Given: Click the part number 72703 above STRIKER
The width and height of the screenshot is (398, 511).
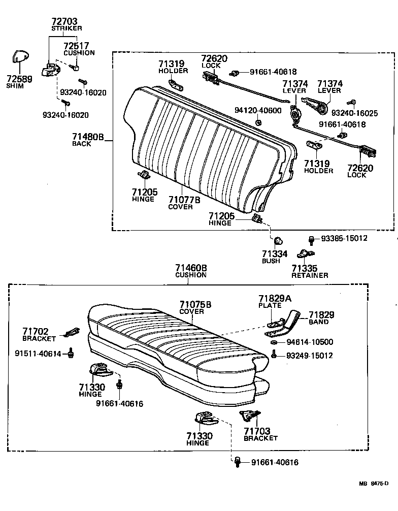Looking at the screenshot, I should (64, 21).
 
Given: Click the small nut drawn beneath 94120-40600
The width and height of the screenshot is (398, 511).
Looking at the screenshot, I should (258, 122).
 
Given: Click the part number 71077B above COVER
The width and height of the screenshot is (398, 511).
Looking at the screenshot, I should (184, 200).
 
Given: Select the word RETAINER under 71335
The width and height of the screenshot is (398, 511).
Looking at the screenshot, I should (310, 275).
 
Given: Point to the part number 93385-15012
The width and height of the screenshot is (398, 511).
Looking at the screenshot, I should (344, 238).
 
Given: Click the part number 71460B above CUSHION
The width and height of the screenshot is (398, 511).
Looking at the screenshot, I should (191, 268).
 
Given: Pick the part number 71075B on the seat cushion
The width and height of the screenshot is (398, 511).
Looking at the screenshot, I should (195, 304).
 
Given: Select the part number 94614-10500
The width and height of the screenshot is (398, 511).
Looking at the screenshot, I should (309, 342).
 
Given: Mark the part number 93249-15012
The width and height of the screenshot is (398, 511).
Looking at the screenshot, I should (309, 356).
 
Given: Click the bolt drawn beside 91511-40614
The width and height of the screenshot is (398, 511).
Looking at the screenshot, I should (72, 353).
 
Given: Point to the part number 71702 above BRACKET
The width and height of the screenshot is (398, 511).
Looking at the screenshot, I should (36, 331).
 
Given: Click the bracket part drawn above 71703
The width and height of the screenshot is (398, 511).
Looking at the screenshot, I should (249, 415).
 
